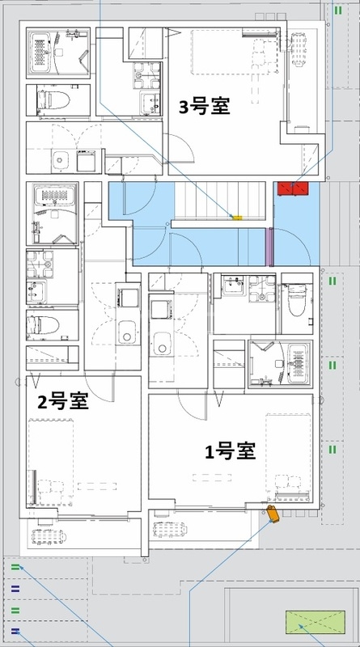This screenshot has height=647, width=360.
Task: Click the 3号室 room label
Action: tap(204, 105)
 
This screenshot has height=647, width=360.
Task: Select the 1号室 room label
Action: tap(230, 451)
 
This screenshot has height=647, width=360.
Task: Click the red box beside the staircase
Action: tap(292, 188)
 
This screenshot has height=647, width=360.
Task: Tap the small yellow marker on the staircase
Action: tap(237, 218)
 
